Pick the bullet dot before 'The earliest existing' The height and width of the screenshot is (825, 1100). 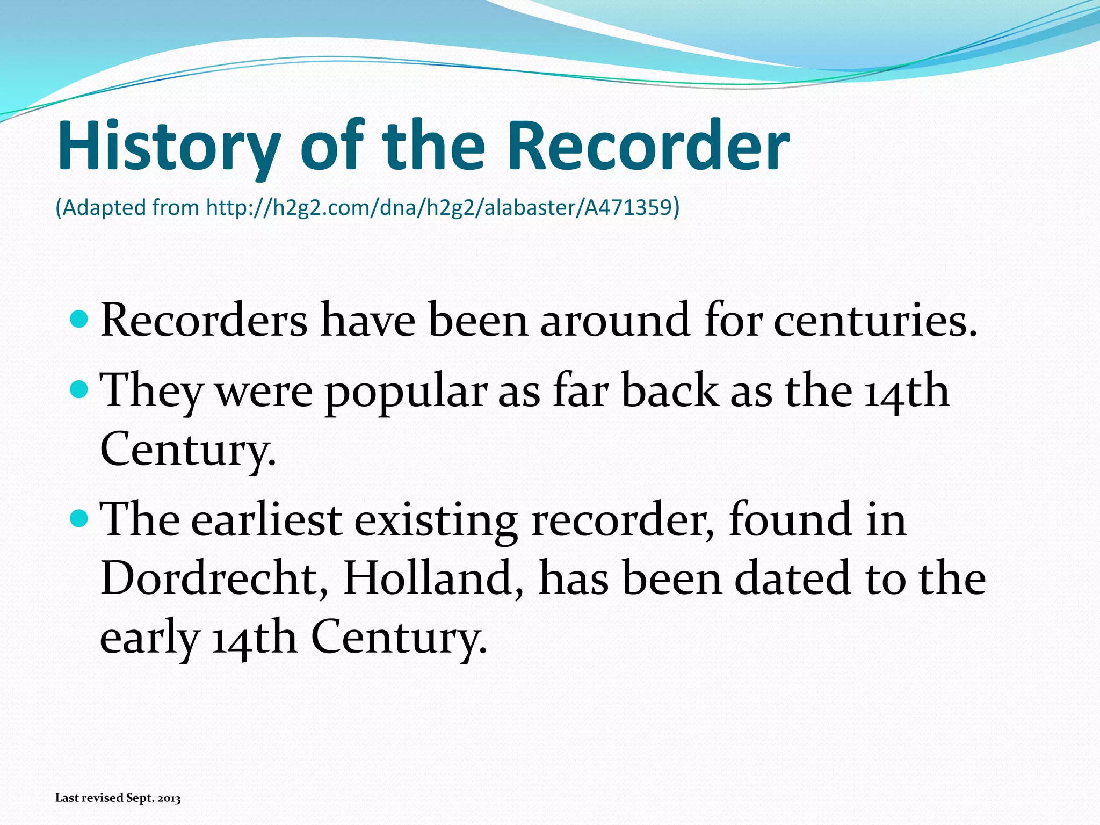[79, 519]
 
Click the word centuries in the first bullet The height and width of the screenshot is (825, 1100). [875, 321]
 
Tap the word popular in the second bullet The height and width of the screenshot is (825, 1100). [406, 392]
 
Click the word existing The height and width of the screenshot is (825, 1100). [436, 521]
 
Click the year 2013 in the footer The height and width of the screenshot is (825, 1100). [169, 798]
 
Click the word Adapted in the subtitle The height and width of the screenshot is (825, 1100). [104, 208]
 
